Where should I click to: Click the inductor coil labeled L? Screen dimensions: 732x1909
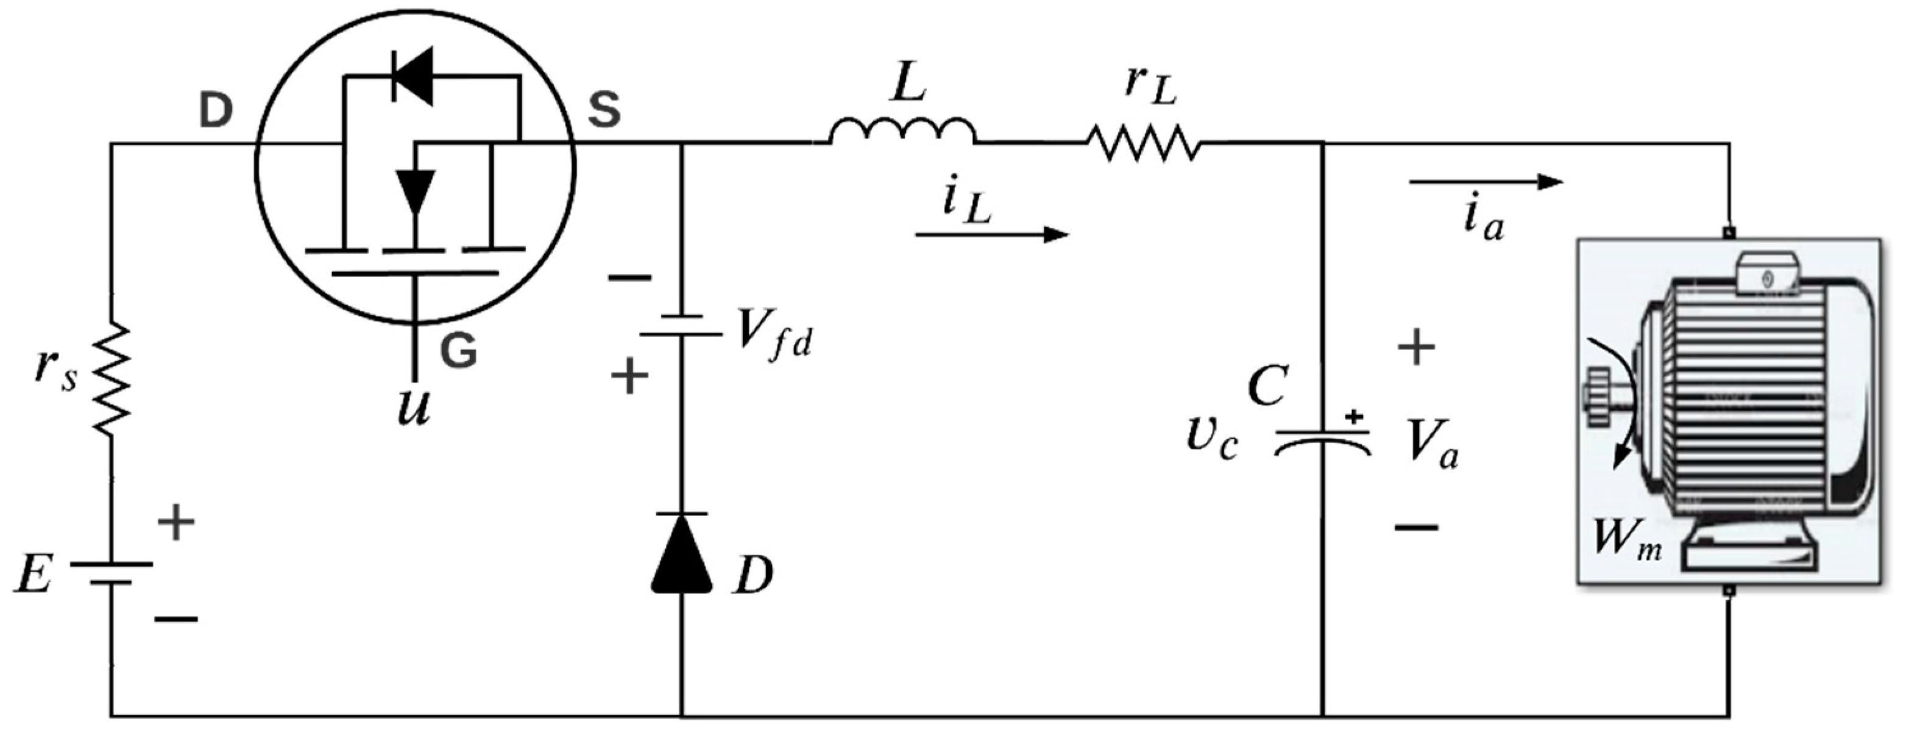[x=902, y=132]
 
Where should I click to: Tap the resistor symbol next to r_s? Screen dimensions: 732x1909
[x=111, y=379]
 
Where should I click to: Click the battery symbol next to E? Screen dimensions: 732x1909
[x=111, y=573]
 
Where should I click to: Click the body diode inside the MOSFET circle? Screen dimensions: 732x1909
[x=412, y=76]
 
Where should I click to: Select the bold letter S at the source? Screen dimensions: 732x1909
[x=604, y=111]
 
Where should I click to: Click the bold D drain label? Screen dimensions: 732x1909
[x=216, y=111]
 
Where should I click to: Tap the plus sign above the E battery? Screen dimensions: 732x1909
[x=176, y=523]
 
